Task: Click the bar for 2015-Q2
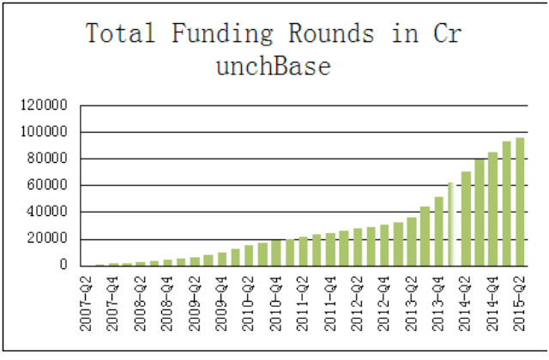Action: [x=520, y=202]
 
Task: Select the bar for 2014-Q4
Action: [x=493, y=209]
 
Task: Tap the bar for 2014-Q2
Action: [x=466, y=219]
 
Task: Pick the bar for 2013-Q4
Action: [x=438, y=231]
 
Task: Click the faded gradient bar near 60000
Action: [x=452, y=225]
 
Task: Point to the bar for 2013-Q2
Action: [x=412, y=242]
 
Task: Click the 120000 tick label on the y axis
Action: [x=44, y=105]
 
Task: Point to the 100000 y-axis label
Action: [x=44, y=131]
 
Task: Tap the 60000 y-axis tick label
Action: [x=47, y=185]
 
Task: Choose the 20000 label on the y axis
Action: [x=47, y=238]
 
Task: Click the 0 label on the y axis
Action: [x=63, y=265]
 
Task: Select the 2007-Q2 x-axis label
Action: [x=86, y=303]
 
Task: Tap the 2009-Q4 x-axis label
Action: [x=221, y=303]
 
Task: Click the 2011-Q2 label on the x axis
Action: [x=303, y=303]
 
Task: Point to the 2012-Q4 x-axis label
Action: [x=384, y=303]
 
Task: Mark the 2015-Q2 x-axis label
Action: [x=520, y=303]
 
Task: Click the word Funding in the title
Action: [x=222, y=33]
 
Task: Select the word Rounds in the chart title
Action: [x=332, y=33]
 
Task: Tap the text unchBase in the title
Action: [x=274, y=65]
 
